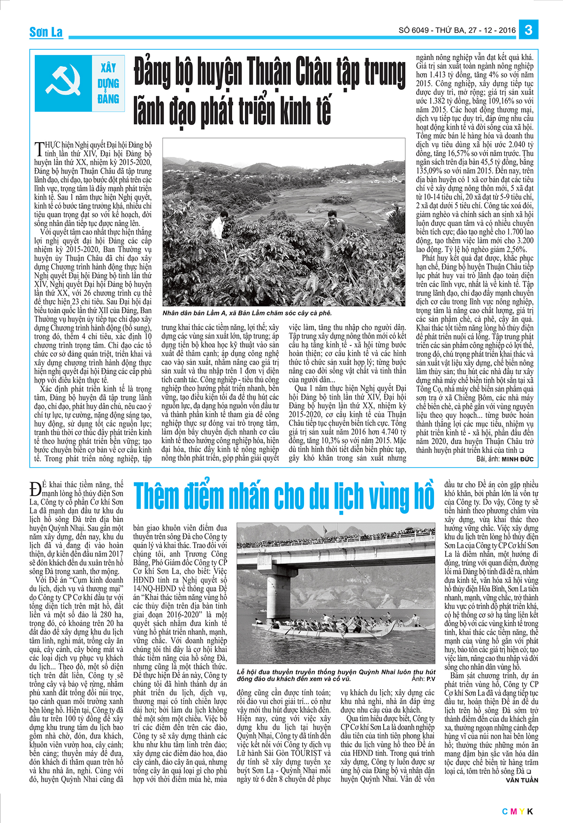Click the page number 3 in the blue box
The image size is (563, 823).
[528, 30]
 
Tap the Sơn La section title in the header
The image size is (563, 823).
[46, 32]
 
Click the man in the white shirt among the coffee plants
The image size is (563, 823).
[217, 226]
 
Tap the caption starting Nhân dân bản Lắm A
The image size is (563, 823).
[247, 313]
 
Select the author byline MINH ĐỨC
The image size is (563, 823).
[517, 459]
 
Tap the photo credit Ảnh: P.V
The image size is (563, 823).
[423, 679]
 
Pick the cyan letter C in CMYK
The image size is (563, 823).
[505, 811]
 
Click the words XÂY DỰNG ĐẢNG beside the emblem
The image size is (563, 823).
[108, 83]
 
